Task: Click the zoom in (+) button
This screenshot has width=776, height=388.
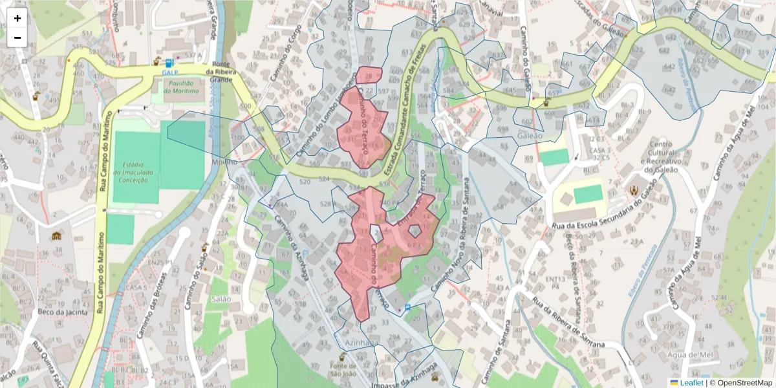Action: [x=17, y=18]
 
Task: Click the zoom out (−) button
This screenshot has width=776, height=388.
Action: [x=17, y=38]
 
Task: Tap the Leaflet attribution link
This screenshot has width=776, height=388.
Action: [x=691, y=383]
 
